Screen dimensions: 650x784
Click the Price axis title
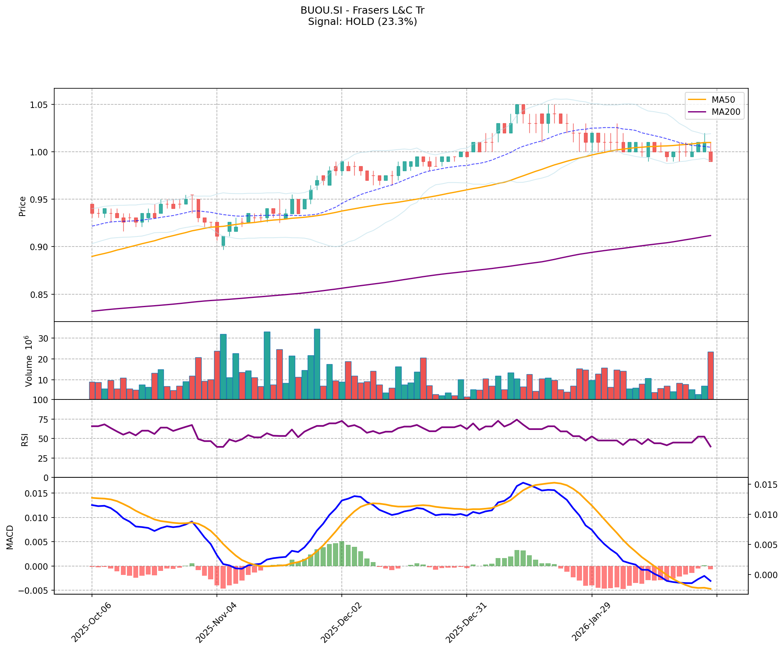click(x=22, y=206)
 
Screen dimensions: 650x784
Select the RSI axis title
click(x=25, y=440)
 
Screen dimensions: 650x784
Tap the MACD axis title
click(x=10, y=537)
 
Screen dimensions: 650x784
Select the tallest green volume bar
click(x=317, y=364)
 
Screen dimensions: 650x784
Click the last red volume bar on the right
click(x=710, y=375)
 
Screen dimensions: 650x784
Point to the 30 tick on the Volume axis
click(x=44, y=338)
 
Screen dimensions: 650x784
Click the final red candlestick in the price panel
click(x=710, y=157)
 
